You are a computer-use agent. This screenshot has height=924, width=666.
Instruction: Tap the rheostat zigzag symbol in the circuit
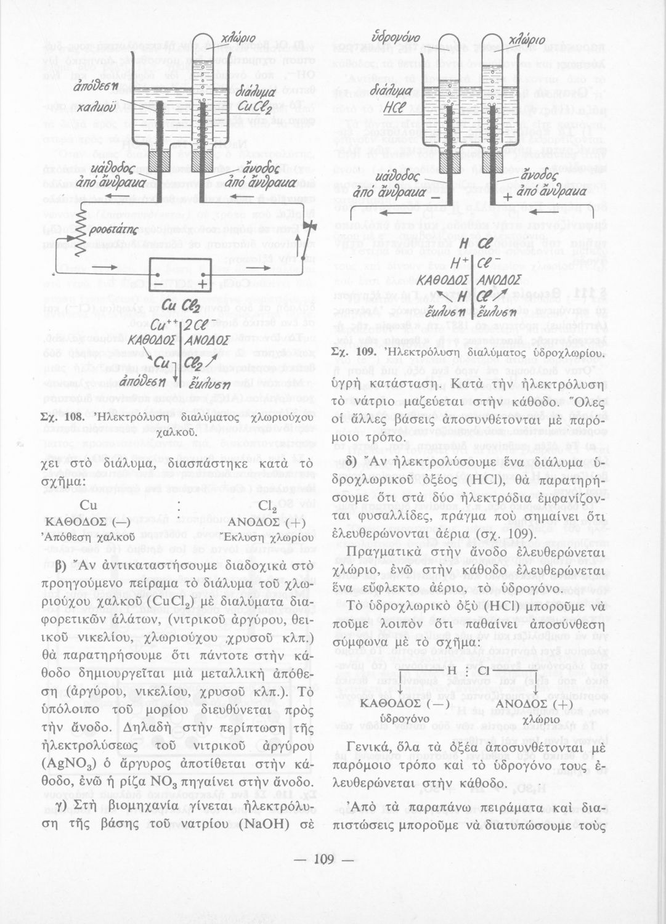click(x=79, y=231)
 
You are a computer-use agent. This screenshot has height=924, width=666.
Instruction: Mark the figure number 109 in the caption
click(x=366, y=353)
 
